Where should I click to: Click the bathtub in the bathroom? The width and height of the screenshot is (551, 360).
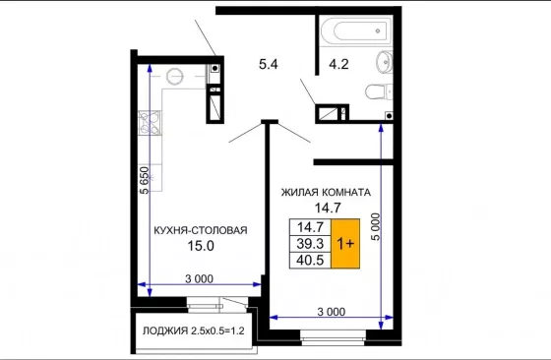[355, 30]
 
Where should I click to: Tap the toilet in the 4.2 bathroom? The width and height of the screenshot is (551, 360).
[379, 92]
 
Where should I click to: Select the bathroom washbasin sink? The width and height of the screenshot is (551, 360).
[385, 62]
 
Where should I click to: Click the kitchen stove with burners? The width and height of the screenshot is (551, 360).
[150, 123]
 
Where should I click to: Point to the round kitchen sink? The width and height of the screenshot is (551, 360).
[175, 77]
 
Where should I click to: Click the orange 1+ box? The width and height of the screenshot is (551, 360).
[345, 243]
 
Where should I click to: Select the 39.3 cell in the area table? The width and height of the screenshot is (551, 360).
[310, 243]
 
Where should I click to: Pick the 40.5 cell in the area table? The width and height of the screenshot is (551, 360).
[310, 261]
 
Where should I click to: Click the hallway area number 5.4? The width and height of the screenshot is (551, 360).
[269, 64]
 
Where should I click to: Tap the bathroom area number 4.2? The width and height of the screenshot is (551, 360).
[338, 64]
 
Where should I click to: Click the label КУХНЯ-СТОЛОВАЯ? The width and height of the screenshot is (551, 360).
[201, 230]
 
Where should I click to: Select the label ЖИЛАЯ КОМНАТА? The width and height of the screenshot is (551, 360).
[326, 193]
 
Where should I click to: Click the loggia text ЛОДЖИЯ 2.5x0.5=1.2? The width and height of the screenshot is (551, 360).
[193, 330]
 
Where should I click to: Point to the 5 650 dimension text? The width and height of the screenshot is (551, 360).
[145, 180]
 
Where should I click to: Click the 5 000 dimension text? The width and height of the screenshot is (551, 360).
[376, 226]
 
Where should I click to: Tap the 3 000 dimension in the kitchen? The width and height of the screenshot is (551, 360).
[199, 279]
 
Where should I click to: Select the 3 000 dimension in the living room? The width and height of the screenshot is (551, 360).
[332, 312]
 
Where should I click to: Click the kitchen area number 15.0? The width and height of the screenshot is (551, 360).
[201, 246]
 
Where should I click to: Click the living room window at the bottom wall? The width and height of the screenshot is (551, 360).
[334, 337]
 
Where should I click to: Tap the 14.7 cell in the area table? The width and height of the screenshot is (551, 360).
[310, 227]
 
